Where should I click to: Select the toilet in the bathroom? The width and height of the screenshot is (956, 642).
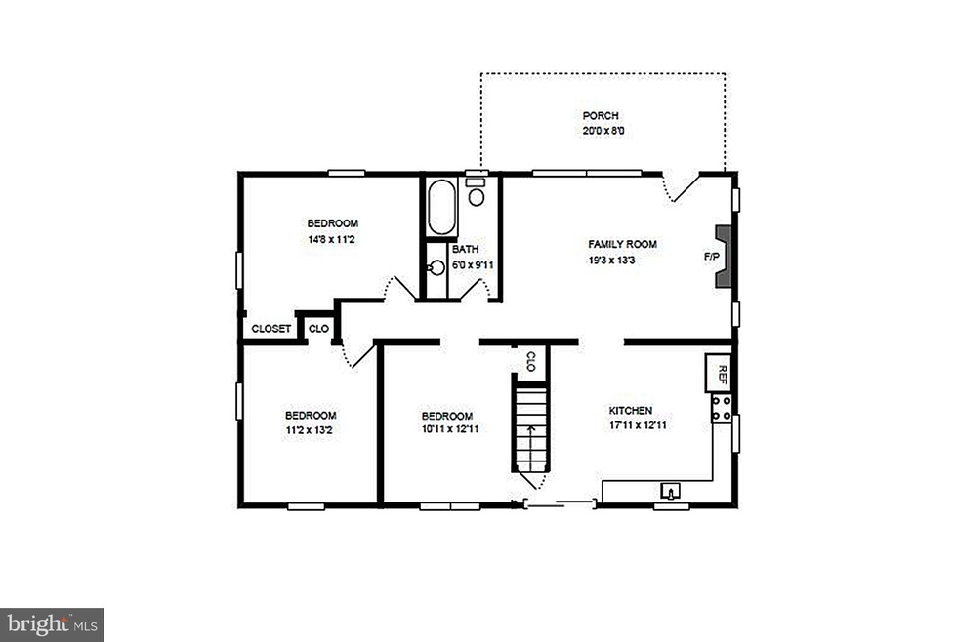point(477,194)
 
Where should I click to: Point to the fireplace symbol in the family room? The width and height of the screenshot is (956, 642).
point(723,257)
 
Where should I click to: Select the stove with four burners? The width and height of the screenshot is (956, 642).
point(722,409)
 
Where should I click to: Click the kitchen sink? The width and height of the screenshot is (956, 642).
point(672,489)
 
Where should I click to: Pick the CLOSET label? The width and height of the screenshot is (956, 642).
point(270,329)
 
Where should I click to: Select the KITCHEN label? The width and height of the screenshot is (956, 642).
point(631,411)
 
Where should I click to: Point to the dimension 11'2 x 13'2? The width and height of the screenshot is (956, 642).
point(311,429)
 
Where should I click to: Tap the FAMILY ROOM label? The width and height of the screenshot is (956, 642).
point(622,244)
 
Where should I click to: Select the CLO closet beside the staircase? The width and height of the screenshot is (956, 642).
point(530,361)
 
